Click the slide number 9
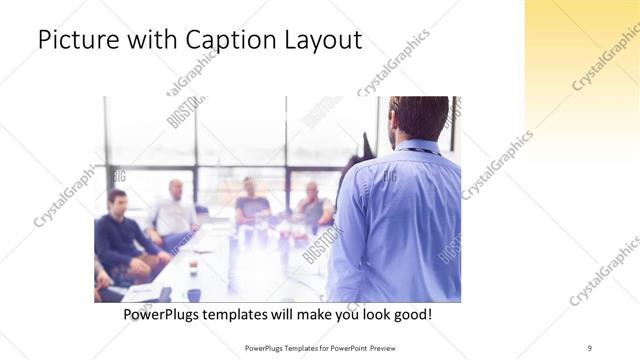pos(590,347)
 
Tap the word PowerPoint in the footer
pos(345,347)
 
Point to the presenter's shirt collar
pos(416,146)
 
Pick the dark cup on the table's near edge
pos(193,295)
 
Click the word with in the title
pos(155,40)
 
